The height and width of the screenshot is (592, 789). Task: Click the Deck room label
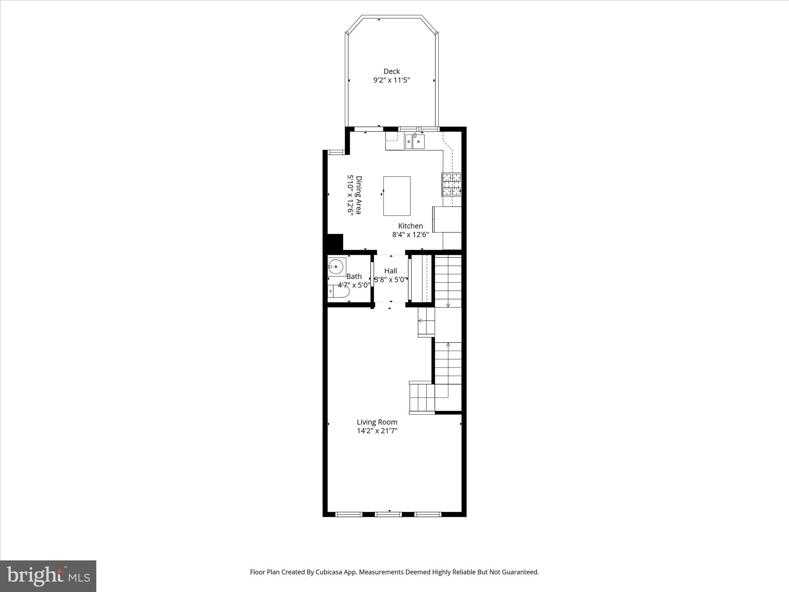(x=391, y=71)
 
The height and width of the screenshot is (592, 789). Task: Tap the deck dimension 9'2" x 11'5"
(x=391, y=81)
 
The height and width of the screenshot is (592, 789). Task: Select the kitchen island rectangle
(x=396, y=196)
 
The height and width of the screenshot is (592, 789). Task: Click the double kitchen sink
(x=414, y=142)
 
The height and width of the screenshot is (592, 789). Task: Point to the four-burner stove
(x=451, y=184)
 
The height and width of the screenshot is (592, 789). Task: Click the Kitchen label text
(x=410, y=226)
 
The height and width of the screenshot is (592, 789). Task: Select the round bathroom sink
(x=336, y=267)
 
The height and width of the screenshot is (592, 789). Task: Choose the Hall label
(x=390, y=271)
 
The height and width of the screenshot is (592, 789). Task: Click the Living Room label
(x=377, y=422)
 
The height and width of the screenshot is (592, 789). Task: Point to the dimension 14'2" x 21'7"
(x=377, y=431)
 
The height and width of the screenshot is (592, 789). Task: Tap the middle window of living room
(x=388, y=514)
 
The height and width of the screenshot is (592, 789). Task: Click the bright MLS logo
(x=48, y=576)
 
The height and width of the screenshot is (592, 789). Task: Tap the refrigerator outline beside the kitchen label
(x=447, y=219)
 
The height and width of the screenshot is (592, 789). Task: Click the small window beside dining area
(x=336, y=153)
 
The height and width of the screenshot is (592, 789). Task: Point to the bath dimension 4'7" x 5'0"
(x=354, y=285)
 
